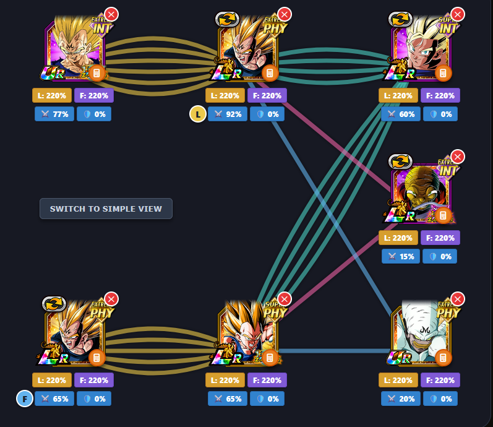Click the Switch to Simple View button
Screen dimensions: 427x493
pyautogui.click(x=106, y=209)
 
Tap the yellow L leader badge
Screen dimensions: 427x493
pyautogui.click(x=197, y=114)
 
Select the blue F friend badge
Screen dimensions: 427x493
pyautogui.click(x=24, y=399)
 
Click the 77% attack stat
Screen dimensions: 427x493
pyautogui.click(x=54, y=114)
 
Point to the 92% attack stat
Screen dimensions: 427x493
pyautogui.click(x=228, y=114)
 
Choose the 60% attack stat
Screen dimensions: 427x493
pyautogui.click(x=401, y=114)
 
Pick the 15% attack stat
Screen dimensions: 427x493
pyautogui.click(x=401, y=256)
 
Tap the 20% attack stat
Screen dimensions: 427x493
pyautogui.click(x=401, y=399)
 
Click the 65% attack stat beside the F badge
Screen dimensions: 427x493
pyautogui.click(x=54, y=399)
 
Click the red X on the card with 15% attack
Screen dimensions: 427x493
pyautogui.click(x=457, y=157)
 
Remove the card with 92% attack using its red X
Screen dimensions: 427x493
pyautogui.click(x=284, y=14)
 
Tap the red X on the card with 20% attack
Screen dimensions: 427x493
pyautogui.click(x=457, y=299)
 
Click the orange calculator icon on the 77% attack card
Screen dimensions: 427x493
pyautogui.click(x=96, y=74)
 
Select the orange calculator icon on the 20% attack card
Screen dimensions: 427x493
pyautogui.click(x=443, y=358)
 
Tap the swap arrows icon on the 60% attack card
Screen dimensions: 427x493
pyautogui.click(x=400, y=19)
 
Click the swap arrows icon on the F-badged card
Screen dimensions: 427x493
pyautogui.click(x=54, y=304)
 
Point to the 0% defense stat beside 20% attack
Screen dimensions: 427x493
pyautogui.click(x=440, y=399)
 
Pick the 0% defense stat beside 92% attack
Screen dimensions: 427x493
pyautogui.click(x=267, y=114)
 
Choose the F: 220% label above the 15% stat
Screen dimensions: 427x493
pyautogui.click(x=440, y=238)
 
